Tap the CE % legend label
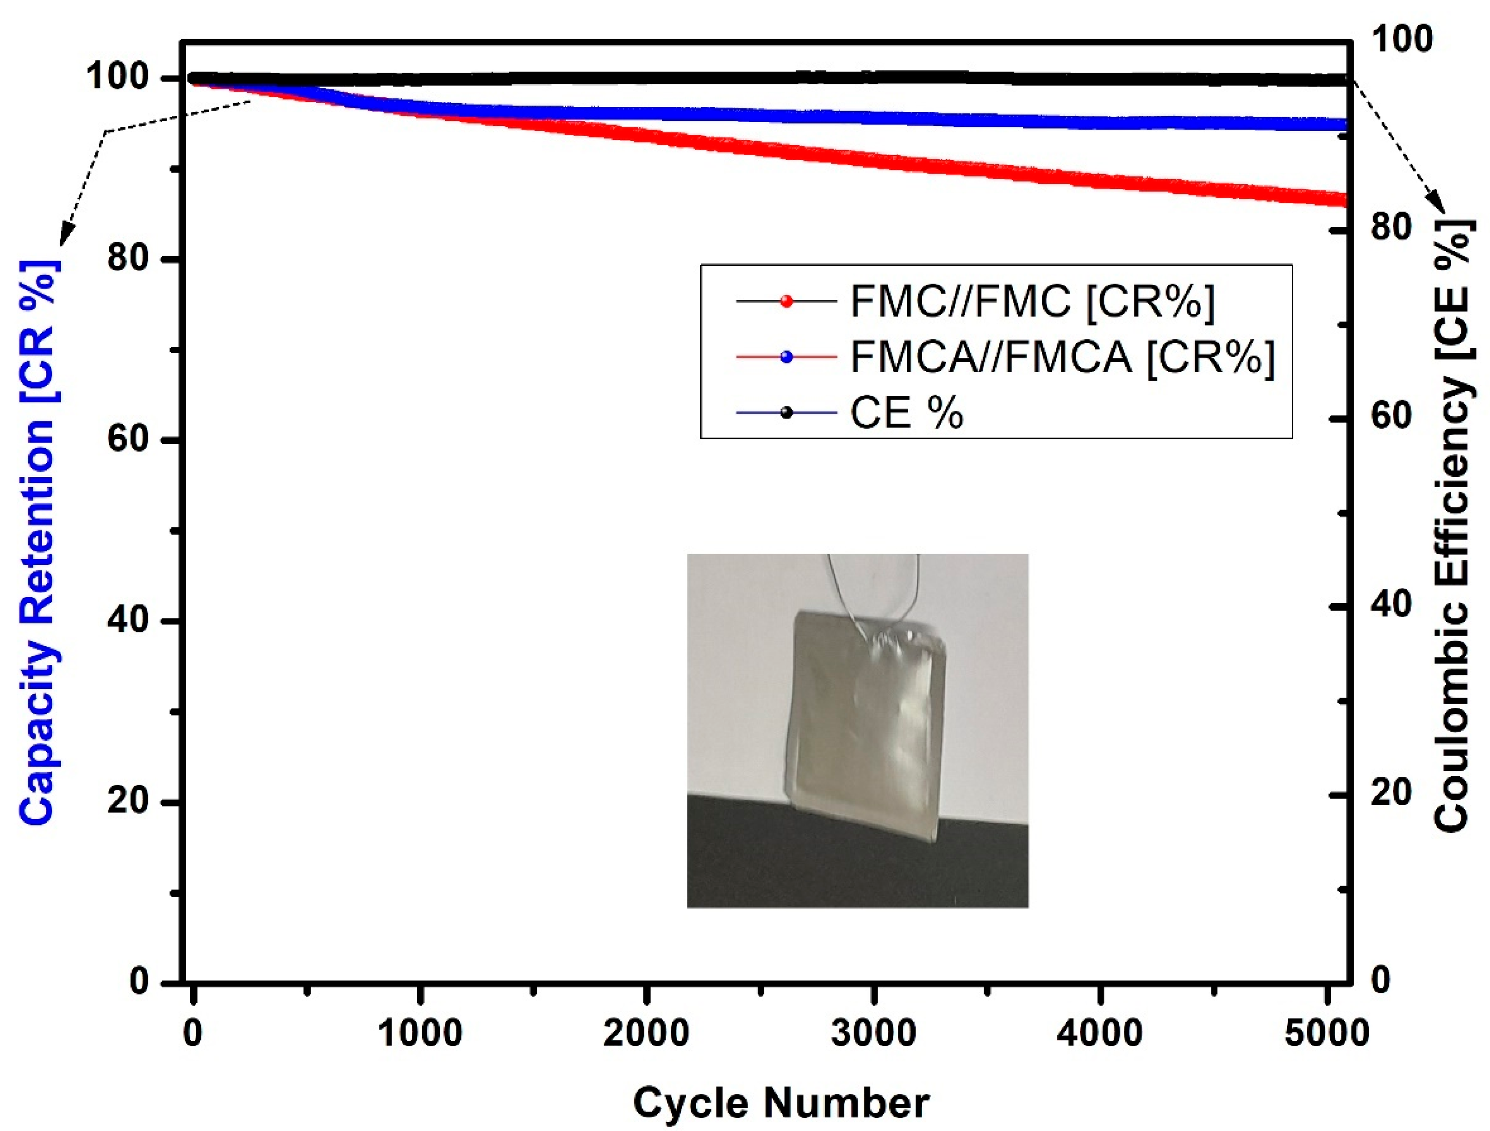(x=907, y=413)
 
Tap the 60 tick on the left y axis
(x=128, y=439)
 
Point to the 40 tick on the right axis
(x=1391, y=606)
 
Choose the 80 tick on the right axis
(x=1391, y=228)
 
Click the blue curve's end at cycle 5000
(x=1342, y=125)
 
